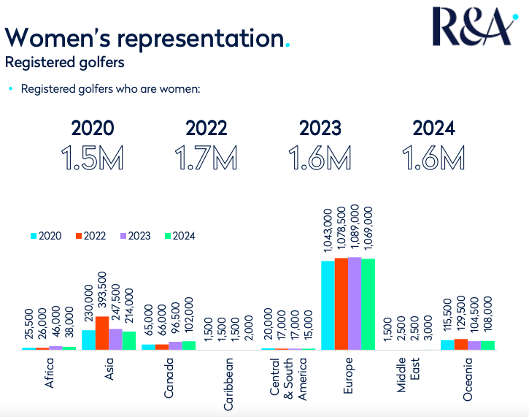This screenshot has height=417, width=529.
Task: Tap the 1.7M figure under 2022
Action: pos(206,158)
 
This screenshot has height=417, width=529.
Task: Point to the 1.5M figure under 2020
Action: pos(93,158)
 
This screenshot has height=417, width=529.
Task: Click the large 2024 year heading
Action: pos(434,129)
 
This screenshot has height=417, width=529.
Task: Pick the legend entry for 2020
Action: pos(45,236)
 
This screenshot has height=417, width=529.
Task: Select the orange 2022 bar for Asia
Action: pos(102,333)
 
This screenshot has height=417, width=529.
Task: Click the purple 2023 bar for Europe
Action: pos(355,304)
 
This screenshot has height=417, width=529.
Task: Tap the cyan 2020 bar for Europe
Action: pos(328,305)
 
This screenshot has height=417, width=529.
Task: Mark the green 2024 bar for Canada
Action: pos(188,345)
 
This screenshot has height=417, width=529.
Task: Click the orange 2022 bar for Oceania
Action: pos(461,344)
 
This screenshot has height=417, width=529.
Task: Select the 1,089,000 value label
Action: pos(355,229)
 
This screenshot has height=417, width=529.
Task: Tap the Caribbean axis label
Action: pos(229,378)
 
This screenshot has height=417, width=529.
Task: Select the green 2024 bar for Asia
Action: pos(129,340)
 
